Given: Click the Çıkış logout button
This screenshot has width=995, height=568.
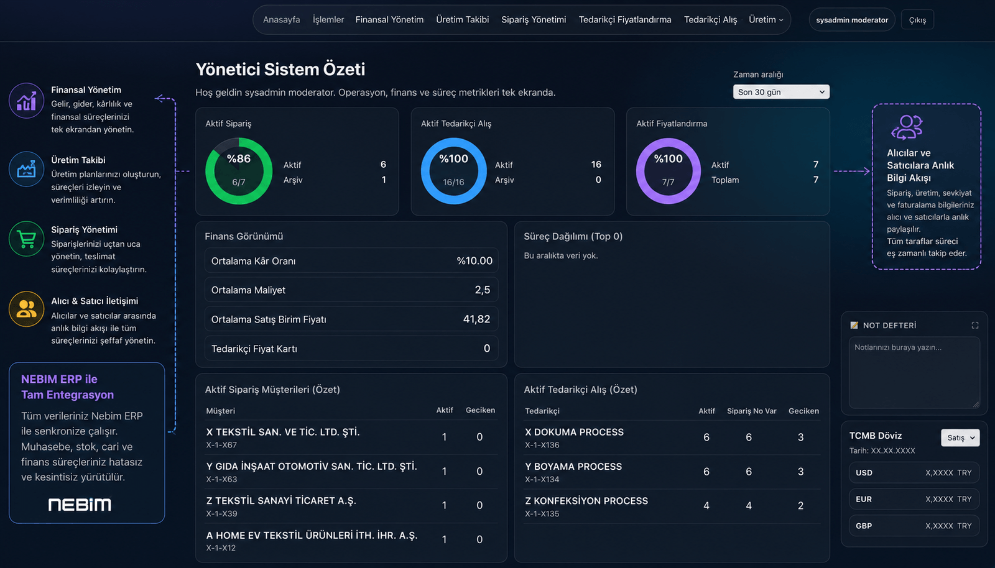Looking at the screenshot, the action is point(917,20).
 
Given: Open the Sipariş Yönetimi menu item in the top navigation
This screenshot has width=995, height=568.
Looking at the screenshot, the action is point(534,19).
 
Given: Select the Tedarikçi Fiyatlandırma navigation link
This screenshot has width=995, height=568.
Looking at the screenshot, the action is point(624,19).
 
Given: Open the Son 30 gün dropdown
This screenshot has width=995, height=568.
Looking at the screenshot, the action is point(781,92).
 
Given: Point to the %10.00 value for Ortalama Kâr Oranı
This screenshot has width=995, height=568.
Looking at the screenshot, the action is point(474,261).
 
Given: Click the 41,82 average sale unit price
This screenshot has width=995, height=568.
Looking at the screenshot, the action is point(476,319).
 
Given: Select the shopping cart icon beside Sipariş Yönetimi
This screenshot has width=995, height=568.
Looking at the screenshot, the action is point(26,239).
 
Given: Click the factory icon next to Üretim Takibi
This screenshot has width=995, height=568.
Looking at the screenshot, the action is point(26,169).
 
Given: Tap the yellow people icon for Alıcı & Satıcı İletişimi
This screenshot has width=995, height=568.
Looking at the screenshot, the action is point(26,309).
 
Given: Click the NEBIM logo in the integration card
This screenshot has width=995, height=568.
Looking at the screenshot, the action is point(80,504).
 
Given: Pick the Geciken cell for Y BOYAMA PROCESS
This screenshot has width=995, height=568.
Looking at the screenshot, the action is point(800,471).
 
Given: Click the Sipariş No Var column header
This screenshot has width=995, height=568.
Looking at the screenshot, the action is point(752,411).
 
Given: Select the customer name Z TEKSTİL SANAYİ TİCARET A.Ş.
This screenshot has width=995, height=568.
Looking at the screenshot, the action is point(281,500).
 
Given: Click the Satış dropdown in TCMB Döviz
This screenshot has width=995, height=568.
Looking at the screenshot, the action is point(960,437).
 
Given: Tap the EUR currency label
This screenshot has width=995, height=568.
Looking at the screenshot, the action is point(864,499).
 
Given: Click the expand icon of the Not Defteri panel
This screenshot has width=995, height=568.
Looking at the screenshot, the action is point(975,325).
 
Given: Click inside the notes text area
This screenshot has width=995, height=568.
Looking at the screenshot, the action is point(914,373).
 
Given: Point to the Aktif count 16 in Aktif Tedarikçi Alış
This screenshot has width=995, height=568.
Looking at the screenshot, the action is point(596,164).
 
